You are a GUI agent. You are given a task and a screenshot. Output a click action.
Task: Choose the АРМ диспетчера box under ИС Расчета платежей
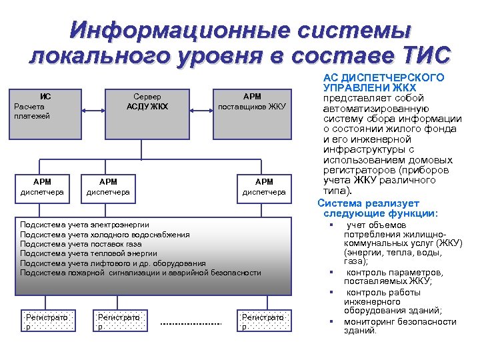click(42, 188)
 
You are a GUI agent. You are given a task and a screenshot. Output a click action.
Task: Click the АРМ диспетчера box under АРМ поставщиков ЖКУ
click(264, 188)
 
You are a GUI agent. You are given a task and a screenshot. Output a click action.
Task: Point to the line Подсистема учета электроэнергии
click(85, 225)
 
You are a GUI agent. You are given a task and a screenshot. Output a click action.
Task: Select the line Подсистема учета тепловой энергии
click(89, 253)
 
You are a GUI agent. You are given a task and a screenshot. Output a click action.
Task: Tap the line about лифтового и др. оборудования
click(113, 263)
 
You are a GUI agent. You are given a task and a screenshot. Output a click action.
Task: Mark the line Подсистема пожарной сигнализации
click(141, 273)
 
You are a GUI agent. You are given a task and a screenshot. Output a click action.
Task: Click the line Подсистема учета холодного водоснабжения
click(105, 235)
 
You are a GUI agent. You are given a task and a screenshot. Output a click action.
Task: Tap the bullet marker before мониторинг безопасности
click(330, 322)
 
